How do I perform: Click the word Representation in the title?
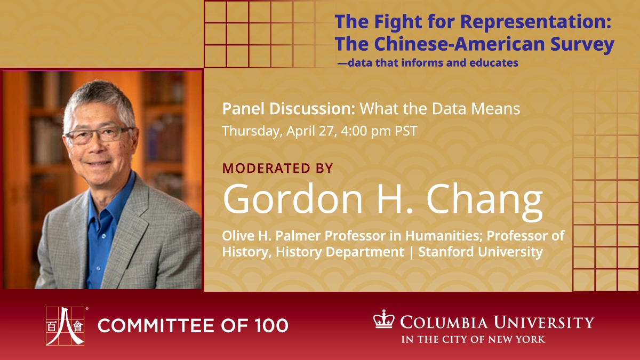pyautogui.click(x=535, y=22)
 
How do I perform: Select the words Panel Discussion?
pyautogui.click(x=289, y=109)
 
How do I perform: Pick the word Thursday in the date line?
pyautogui.click(x=252, y=131)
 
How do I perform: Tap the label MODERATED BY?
pyautogui.click(x=278, y=168)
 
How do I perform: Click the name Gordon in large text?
pyautogui.click(x=292, y=198)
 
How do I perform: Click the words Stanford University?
pyautogui.click(x=481, y=252)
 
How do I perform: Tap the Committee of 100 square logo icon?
pyautogui.click(x=65, y=326)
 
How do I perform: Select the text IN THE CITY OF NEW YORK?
pyautogui.click(x=473, y=339)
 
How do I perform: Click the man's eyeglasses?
pyautogui.click(x=99, y=135)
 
